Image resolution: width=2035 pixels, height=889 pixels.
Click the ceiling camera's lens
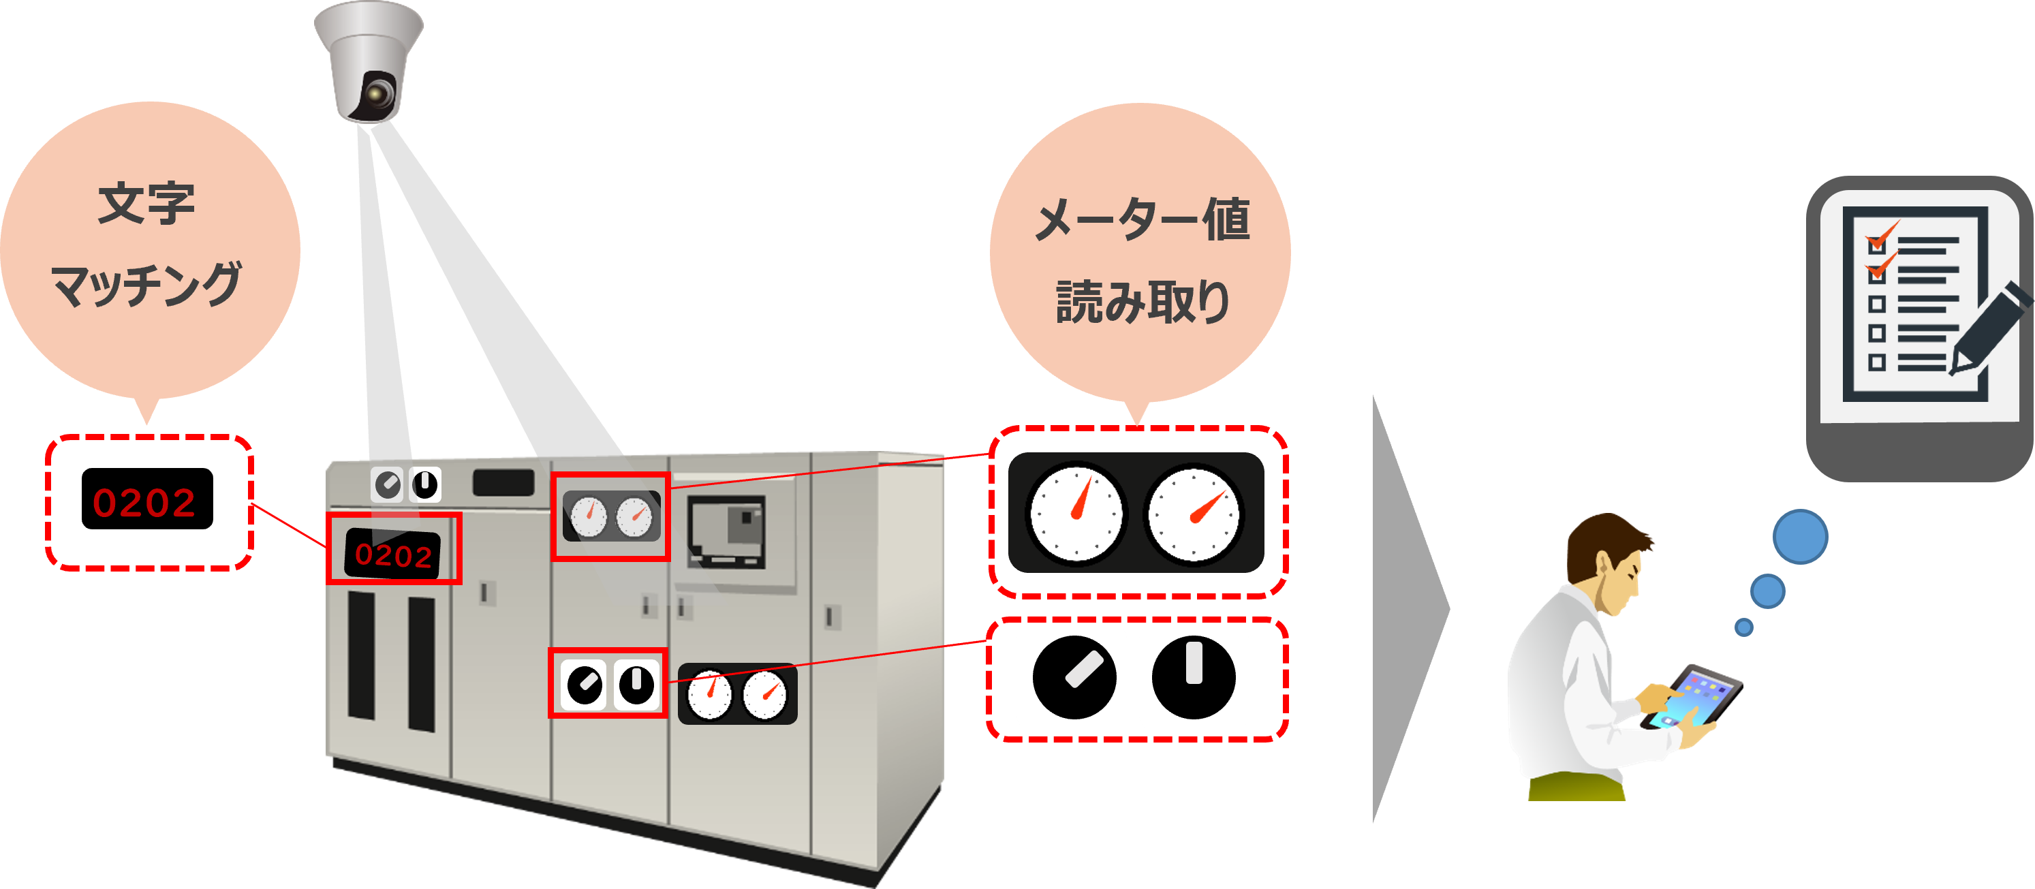click(377, 95)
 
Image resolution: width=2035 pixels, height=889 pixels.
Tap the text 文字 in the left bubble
click(146, 204)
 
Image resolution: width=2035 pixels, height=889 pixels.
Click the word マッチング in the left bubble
click(146, 285)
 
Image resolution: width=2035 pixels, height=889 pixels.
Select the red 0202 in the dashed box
click(144, 503)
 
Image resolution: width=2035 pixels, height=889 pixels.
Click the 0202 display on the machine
click(393, 554)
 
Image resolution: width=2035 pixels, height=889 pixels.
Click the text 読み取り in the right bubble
click(1143, 302)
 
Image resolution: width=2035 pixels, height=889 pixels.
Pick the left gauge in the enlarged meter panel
click(1075, 514)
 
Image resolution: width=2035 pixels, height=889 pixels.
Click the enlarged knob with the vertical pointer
click(1193, 677)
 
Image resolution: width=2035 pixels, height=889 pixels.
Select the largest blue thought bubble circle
click(1801, 537)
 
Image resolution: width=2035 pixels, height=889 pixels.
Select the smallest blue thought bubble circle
click(1743, 627)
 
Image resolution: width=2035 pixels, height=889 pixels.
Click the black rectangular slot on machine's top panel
click(503, 483)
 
